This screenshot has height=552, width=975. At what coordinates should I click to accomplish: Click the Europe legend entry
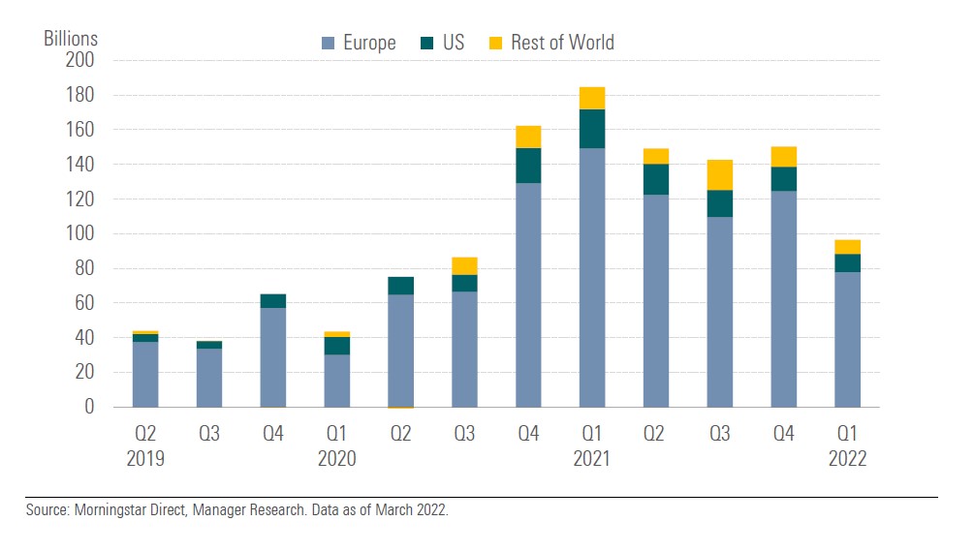click(x=359, y=43)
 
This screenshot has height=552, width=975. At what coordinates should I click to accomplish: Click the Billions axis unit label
click(x=71, y=39)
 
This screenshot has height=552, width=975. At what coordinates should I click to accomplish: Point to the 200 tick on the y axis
click(x=81, y=60)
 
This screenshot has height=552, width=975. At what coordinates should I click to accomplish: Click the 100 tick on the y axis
click(x=81, y=233)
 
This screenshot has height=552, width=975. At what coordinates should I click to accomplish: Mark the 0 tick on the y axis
click(x=88, y=407)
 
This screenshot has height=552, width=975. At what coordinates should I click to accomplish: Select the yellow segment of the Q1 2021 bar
click(x=592, y=98)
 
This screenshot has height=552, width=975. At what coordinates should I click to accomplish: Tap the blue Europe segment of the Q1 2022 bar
click(x=848, y=339)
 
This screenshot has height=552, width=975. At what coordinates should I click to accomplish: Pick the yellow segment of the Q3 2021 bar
click(x=720, y=175)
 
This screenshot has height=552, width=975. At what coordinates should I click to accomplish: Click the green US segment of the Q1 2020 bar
click(x=337, y=346)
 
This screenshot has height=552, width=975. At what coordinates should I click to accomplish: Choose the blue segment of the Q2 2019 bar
click(x=145, y=374)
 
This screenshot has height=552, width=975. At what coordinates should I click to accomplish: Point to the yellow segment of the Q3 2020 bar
click(x=464, y=266)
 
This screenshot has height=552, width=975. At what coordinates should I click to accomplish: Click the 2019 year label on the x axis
click(x=145, y=458)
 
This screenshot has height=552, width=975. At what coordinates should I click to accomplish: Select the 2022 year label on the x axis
click(x=848, y=458)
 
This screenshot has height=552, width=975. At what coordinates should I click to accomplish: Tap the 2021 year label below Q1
click(x=592, y=458)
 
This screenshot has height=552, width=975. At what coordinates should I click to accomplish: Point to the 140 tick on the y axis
click(x=81, y=165)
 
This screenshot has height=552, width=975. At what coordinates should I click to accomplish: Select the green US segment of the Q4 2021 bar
click(x=783, y=179)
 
